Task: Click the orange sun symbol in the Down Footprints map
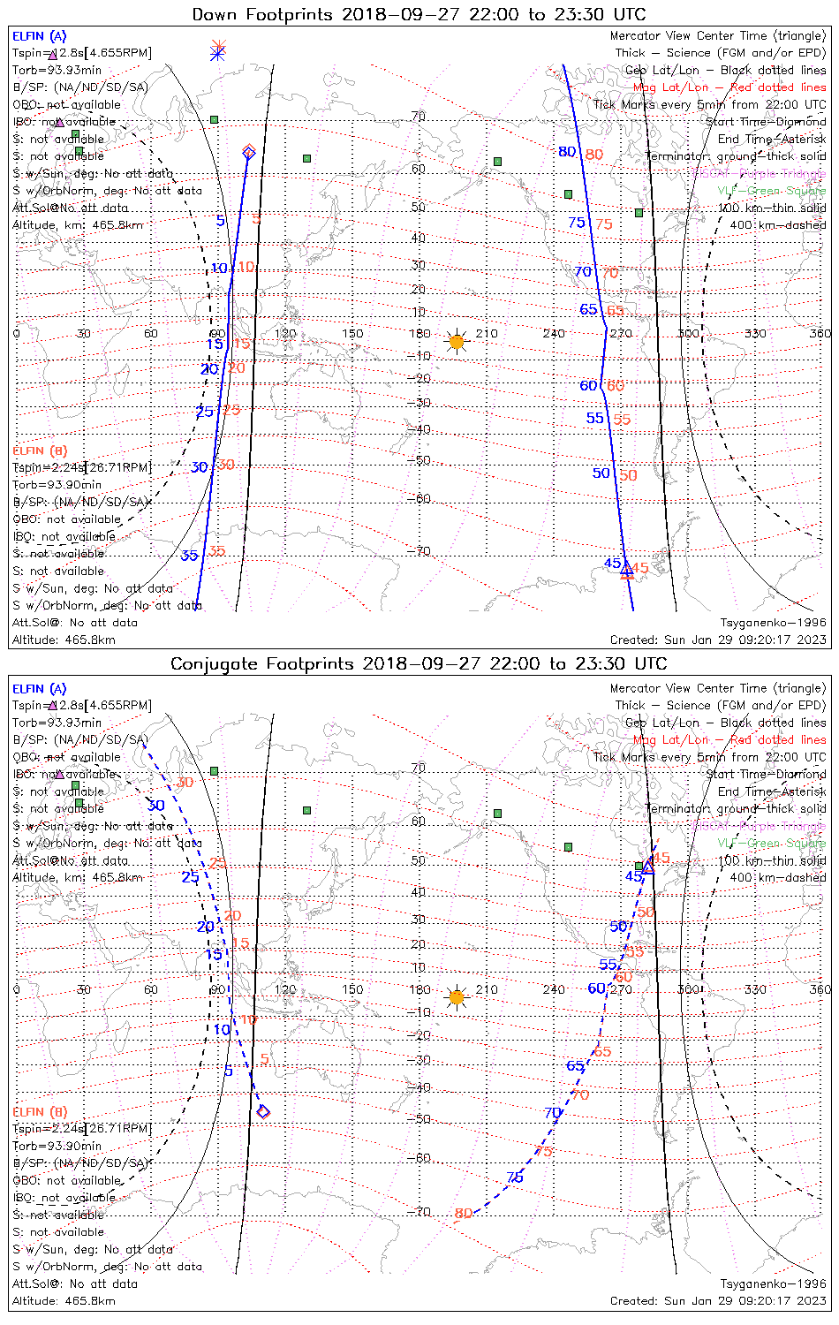(456, 342)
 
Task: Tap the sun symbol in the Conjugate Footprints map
(456, 998)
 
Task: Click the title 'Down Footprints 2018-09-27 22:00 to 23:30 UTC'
(419, 14)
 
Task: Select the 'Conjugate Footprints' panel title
(419, 663)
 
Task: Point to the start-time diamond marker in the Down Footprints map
(249, 153)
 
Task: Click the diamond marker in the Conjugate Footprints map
(262, 1111)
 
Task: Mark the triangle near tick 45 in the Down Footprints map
(627, 571)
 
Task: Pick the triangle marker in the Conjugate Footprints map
(647, 865)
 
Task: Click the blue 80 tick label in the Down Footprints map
(567, 152)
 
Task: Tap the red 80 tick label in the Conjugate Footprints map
(464, 1214)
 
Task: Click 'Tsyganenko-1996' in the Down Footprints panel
(773, 623)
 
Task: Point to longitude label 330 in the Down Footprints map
(755, 333)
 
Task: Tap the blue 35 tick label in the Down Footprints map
(189, 556)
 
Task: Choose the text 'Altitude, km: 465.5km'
(78, 225)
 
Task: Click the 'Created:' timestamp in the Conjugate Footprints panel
(718, 1301)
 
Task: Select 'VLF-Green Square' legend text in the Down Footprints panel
(771, 191)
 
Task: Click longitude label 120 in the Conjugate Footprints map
(284, 989)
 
